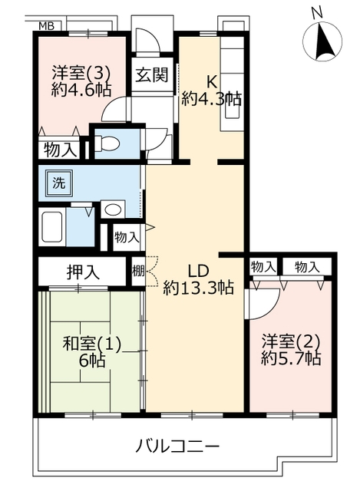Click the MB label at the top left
[x=46, y=25]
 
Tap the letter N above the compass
[x=317, y=12]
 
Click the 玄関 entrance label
[x=152, y=74]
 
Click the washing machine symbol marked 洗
[x=59, y=183]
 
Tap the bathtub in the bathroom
[x=53, y=227]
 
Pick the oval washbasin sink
[x=113, y=209]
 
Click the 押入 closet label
[x=83, y=272]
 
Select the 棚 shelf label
[x=138, y=271]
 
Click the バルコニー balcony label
[x=177, y=446]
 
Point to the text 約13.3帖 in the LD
[x=198, y=288]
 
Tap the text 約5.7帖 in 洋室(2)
[x=291, y=358]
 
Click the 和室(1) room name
[x=92, y=344]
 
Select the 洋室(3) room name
[x=81, y=74]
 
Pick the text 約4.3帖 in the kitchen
[x=212, y=99]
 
